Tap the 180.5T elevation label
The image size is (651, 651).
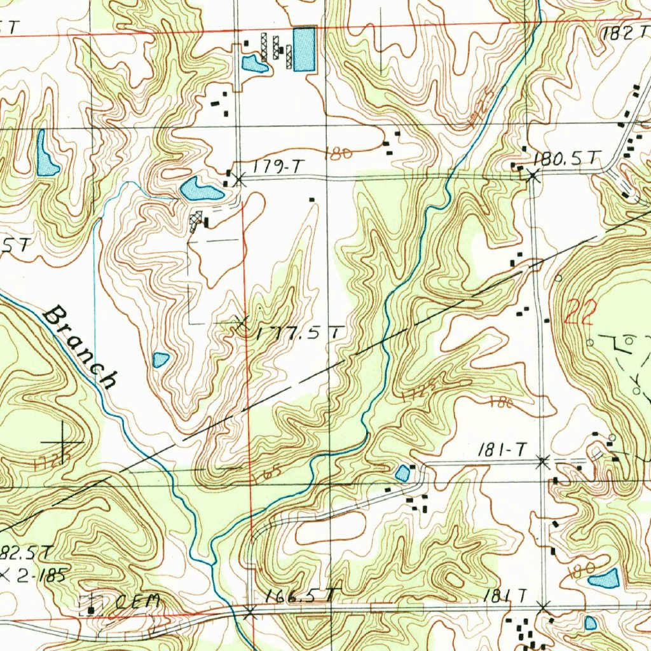(567, 159)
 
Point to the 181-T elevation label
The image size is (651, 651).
(502, 450)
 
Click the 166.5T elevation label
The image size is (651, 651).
(301, 596)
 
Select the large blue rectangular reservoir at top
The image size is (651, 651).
(304, 50)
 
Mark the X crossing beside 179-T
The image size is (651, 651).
(238, 180)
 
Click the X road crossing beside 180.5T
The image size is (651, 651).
(533, 177)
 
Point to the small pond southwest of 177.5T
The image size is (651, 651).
(161, 360)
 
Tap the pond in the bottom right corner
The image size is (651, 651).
(603, 579)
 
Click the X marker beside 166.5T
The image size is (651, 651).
(250, 612)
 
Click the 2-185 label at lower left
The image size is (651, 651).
(39, 577)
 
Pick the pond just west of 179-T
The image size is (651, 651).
(200, 189)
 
